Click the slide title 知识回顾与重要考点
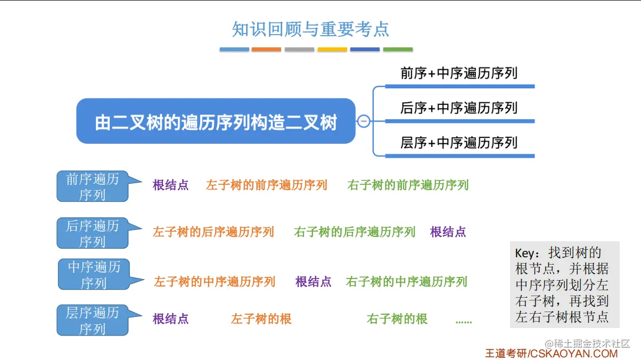310,29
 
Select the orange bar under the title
266,50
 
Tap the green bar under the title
398,50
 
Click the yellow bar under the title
332,50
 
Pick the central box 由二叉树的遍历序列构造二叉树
216,121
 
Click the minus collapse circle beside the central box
364,121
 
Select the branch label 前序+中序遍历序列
459,73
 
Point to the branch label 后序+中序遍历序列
459,108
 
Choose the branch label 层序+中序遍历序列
459,143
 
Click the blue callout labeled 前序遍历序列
93,186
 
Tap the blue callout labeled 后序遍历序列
93,233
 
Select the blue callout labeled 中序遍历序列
94,274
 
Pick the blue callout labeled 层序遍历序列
93,320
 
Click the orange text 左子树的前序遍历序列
266,185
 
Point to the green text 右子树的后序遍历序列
355,232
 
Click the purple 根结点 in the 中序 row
313,282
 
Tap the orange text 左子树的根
261,319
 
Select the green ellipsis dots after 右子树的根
464,321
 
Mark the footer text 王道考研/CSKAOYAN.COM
551,353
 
